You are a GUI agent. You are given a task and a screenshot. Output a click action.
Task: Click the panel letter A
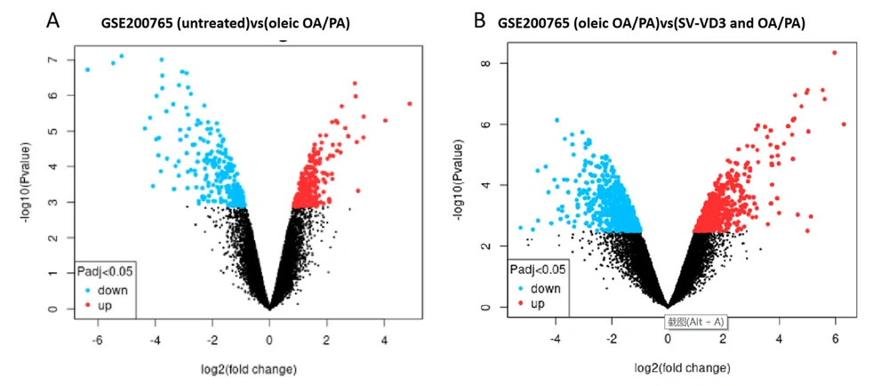(x=53, y=19)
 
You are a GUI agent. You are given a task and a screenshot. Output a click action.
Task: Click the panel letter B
(x=481, y=19)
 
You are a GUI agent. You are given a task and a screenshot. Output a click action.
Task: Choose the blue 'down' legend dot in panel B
(x=517, y=289)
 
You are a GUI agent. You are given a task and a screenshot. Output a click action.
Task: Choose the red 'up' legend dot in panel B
(x=517, y=303)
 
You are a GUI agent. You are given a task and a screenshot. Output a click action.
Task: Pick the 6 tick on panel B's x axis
(x=835, y=339)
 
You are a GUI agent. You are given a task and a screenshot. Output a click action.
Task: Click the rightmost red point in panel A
(x=409, y=104)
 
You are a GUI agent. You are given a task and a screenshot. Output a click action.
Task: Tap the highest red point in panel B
(x=834, y=52)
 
